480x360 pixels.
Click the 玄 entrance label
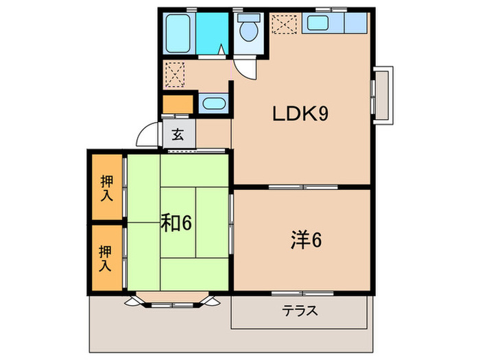point(178,134)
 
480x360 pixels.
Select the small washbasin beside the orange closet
point(213,105)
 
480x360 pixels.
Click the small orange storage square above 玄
point(176,105)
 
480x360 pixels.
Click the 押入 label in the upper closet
point(106,189)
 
